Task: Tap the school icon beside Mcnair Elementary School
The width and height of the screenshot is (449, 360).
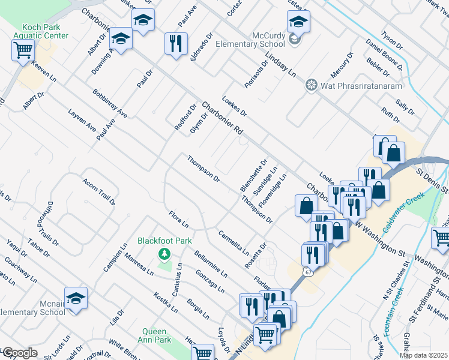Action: (76, 298)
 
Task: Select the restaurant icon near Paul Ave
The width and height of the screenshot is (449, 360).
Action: (176, 43)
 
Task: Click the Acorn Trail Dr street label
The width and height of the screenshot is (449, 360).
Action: (100, 192)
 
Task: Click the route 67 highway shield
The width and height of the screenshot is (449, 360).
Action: (308, 272)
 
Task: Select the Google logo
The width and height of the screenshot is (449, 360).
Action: (19, 353)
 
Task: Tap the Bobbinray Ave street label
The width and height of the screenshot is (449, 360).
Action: (110, 103)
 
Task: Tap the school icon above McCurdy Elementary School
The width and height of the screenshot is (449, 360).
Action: (298, 23)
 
